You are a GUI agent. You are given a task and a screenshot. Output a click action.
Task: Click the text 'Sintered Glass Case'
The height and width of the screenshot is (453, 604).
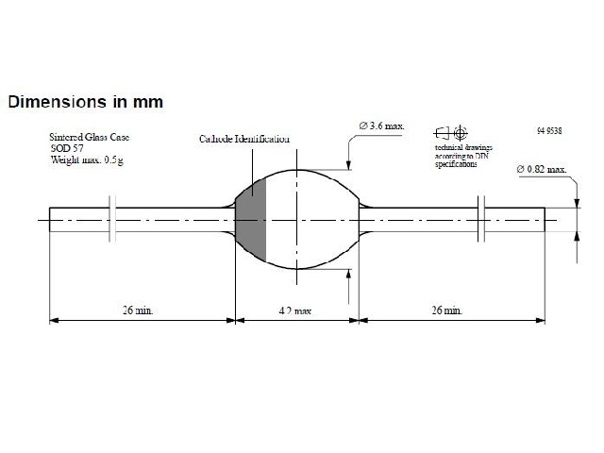(92, 137)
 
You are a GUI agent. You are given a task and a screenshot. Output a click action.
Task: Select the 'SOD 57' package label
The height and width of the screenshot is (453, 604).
(67, 148)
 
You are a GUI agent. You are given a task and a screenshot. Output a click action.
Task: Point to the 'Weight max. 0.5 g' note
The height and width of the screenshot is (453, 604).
(88, 160)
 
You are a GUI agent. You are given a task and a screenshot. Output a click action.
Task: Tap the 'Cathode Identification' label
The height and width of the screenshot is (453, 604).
(243, 139)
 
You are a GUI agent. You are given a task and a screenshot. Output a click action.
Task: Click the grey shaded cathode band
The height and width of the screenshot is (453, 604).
(252, 220)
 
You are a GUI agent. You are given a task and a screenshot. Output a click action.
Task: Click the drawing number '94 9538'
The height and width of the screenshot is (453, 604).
(546, 128)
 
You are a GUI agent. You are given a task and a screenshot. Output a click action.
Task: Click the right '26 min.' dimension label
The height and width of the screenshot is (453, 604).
(446, 310)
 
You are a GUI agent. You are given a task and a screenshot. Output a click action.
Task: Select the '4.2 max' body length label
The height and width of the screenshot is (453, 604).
(296, 310)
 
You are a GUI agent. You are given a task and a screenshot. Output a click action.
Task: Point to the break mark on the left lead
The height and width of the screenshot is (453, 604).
(112, 220)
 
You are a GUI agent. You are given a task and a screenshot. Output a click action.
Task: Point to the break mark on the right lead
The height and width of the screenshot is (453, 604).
(482, 220)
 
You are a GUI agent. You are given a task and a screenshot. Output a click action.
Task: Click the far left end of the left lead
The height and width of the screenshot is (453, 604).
(53, 220)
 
